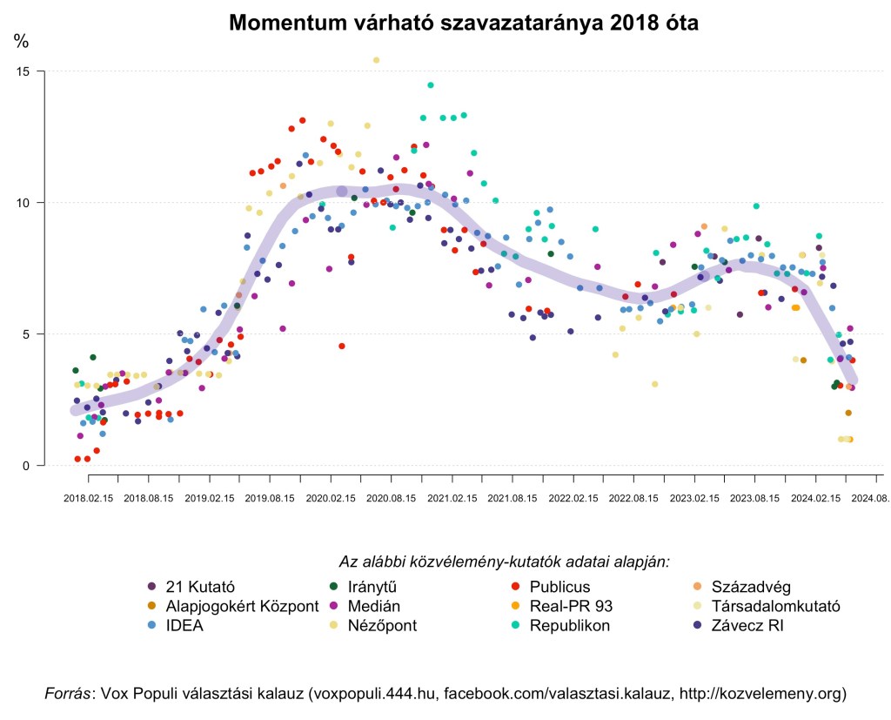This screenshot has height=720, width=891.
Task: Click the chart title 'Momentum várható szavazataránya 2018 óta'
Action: [x=464, y=24]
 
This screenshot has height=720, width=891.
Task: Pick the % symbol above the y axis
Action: [x=22, y=40]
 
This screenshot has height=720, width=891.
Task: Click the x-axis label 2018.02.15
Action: [x=88, y=499]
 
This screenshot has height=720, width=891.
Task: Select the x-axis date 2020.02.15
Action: [x=332, y=499]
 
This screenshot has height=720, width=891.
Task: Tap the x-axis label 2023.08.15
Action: [x=756, y=499]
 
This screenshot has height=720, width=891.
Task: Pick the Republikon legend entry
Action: [x=569, y=625]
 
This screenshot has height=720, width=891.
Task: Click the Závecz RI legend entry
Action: [x=747, y=625]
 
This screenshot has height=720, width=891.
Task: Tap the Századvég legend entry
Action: [x=750, y=587]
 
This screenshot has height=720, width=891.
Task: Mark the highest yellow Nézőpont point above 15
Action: [x=376, y=60]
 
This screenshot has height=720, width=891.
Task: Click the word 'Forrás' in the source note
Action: [x=69, y=694]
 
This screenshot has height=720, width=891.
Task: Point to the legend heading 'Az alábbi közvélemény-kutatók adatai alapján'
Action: [x=503, y=562]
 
